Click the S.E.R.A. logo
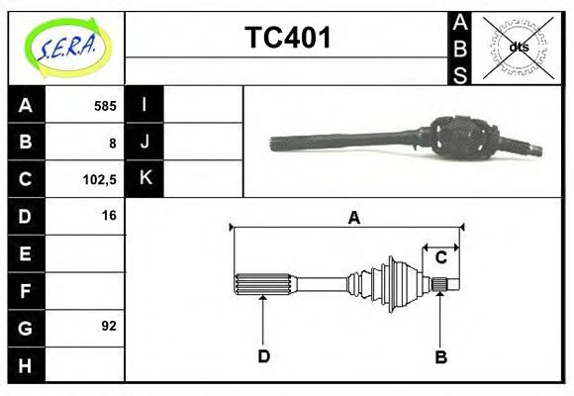click(x=65, y=47)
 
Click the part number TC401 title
click(x=287, y=39)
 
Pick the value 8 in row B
click(x=113, y=143)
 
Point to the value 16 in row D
click(x=108, y=215)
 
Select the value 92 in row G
click(x=108, y=326)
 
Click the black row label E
click(x=26, y=253)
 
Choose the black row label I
click(x=144, y=105)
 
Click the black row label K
click(x=144, y=178)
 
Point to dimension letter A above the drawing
click(x=353, y=218)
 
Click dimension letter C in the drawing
click(x=441, y=257)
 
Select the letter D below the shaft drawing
click(x=263, y=355)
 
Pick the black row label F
click(x=26, y=290)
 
